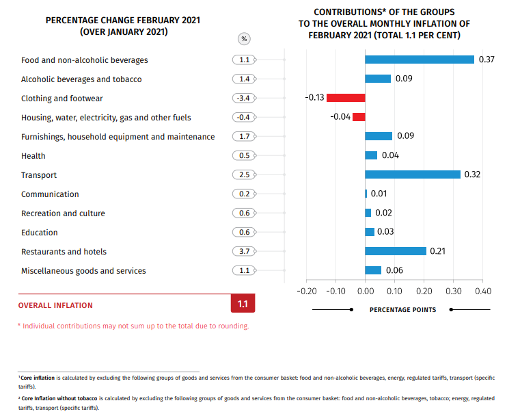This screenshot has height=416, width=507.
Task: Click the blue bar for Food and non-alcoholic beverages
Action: tap(420, 60)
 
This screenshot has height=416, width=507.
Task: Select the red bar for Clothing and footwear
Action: tap(346, 98)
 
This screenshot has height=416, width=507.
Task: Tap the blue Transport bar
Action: tap(413, 174)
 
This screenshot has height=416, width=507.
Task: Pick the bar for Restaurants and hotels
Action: tap(396, 251)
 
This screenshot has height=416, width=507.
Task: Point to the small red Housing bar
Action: tap(359, 117)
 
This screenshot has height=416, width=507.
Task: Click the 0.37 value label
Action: tap(487, 60)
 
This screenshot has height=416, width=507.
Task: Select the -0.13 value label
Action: tap(314, 98)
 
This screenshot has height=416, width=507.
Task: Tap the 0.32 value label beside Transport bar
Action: tap(473, 174)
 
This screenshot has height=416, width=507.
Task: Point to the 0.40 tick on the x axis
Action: tap(482, 291)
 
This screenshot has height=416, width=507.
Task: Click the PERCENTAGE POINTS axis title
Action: tap(402, 310)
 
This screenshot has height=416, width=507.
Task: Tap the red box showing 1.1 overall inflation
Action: tap(243, 304)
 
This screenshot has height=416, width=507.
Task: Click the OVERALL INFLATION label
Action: tap(55, 305)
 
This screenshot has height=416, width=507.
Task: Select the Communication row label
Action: tap(50, 194)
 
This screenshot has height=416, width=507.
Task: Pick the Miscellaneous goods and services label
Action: tap(83, 271)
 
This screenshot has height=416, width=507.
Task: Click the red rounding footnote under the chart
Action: tap(133, 326)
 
